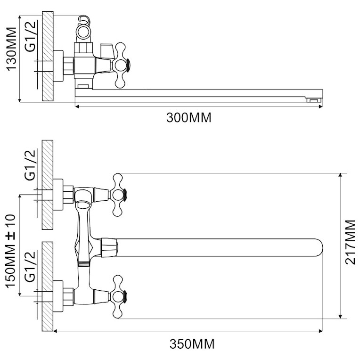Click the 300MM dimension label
189,117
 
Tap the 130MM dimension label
11,49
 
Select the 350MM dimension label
192,344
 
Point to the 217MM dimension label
350,242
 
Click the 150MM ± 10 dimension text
10,251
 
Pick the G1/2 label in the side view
31,36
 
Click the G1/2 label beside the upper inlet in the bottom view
31,165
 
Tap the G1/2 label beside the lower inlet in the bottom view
31,267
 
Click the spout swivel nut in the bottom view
109,247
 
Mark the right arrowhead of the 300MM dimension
321,106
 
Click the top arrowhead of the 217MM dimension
341,176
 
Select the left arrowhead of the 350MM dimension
56,331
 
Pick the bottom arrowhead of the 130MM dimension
20,99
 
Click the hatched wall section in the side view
48,56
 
